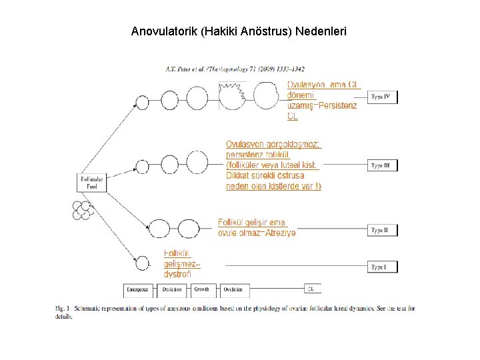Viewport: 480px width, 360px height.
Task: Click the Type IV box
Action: point(382,97)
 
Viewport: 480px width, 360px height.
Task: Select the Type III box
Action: point(382,165)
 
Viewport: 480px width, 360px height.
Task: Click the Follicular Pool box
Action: point(91,183)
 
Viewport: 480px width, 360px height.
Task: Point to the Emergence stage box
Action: point(139,290)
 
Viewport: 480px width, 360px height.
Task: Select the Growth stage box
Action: point(203,290)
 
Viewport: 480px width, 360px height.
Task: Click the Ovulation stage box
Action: point(233,290)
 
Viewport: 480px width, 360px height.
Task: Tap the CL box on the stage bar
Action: point(311,289)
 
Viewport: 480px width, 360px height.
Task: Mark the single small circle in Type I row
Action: point(141,263)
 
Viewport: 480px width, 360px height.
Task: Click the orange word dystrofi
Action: point(178,273)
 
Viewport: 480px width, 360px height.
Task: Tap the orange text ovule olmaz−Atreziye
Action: point(257,232)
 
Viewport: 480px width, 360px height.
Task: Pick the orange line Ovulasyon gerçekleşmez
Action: point(273,145)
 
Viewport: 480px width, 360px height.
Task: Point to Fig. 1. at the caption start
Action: point(62,308)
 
